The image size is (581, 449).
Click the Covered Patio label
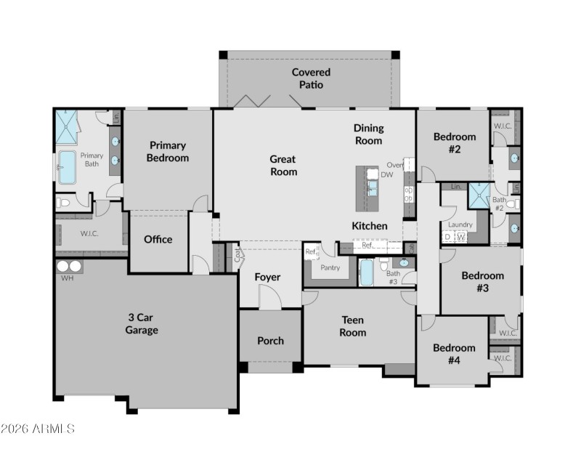[x=311, y=78]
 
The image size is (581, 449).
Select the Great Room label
[x=283, y=166]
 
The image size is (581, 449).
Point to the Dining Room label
[x=368, y=134]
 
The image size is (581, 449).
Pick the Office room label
[x=158, y=239]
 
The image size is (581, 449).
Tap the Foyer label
[x=267, y=277]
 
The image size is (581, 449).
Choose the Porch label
[x=270, y=340]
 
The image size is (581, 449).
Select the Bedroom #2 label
[x=455, y=143]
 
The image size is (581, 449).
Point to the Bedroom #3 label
[x=482, y=281]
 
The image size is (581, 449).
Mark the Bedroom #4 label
[x=454, y=354]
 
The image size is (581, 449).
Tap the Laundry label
[x=460, y=224]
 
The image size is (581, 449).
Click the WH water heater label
[x=68, y=278]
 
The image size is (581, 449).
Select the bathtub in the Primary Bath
[x=67, y=167]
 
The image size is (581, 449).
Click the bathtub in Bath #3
[x=367, y=273]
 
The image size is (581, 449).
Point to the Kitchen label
[x=369, y=226]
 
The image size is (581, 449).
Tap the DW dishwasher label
[x=386, y=174]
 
